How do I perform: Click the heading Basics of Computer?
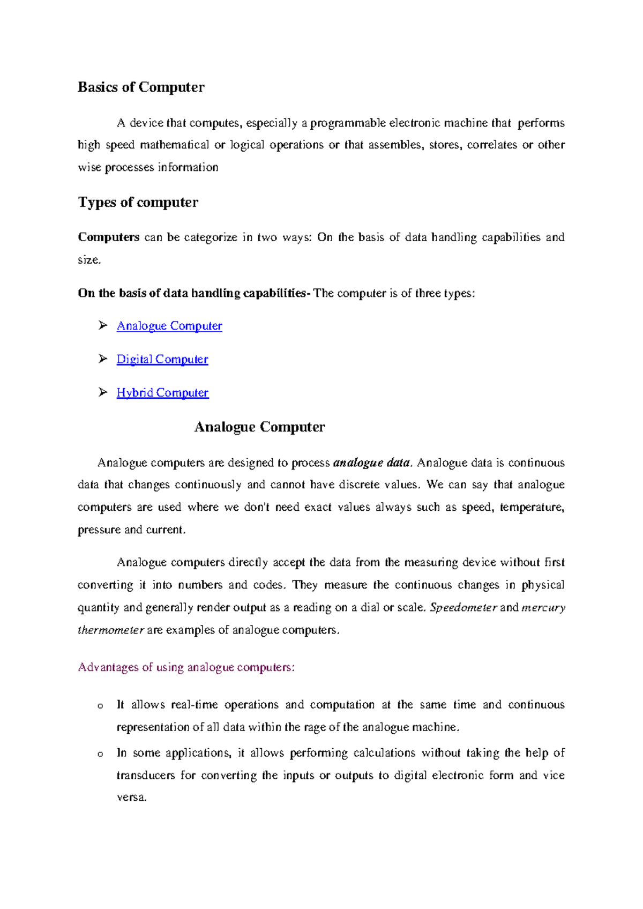tap(141, 87)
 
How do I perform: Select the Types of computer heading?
tap(138, 202)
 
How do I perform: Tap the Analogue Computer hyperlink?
tap(169, 326)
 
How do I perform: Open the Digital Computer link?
tap(162, 359)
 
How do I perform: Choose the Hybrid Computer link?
tap(162, 393)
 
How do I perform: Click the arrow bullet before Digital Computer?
tap(103, 359)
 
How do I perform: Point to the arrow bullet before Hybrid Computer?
tap(103, 392)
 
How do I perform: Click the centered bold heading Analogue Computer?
tap(259, 427)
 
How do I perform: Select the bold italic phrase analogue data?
tap(371, 463)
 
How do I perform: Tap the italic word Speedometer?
tap(463, 608)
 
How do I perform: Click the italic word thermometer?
tap(110, 630)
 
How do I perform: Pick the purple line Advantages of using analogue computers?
tap(186, 667)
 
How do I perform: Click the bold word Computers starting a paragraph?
tap(108, 237)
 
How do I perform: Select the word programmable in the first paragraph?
tap(348, 123)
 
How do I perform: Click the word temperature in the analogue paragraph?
tap(530, 508)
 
